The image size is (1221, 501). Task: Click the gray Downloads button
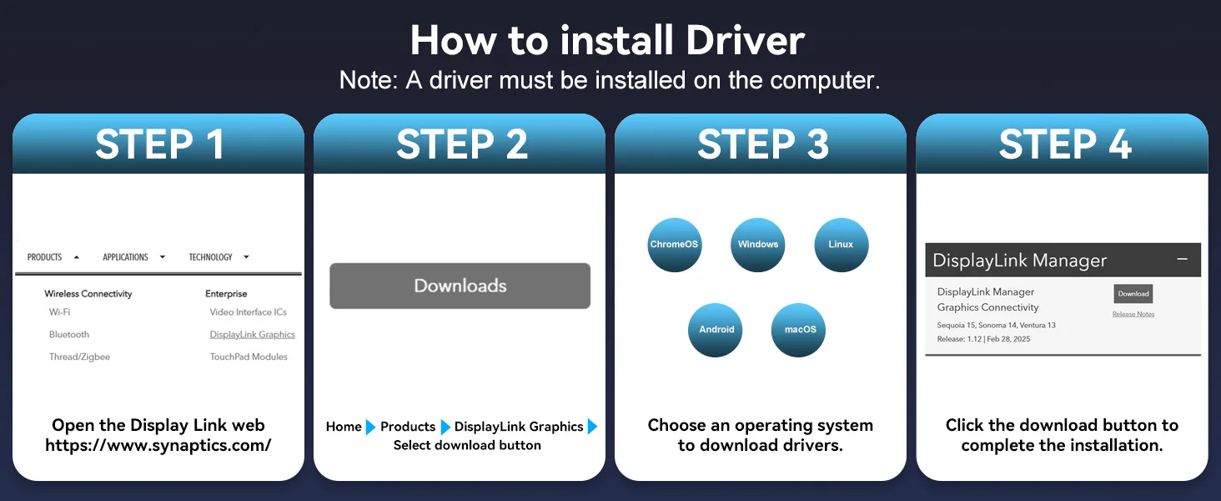pos(460,286)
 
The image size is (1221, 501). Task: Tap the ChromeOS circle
pos(674,245)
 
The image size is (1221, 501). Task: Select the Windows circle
pos(757,245)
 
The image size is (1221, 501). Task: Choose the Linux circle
pos(841,245)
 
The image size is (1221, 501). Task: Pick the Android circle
pos(715,330)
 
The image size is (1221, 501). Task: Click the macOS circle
pos(798,330)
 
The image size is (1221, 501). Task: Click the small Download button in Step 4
pos(1133,294)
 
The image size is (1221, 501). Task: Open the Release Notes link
pos(1133,314)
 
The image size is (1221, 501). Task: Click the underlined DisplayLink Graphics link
pos(253,335)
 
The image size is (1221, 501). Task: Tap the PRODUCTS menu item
pos(45,257)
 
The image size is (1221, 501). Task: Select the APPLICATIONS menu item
pos(125,257)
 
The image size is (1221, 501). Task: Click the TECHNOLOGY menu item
pos(210,257)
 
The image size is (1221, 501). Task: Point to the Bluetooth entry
pos(68,335)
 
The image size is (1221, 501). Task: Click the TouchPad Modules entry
pos(249,357)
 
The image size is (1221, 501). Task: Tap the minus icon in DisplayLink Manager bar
pos(1182,259)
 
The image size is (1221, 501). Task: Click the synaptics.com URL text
pos(158,445)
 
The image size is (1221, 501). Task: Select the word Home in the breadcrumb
pos(344,426)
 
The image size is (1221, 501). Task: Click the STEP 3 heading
pos(762,144)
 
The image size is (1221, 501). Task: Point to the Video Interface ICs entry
pos(248,312)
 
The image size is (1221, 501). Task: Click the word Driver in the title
pos(745,40)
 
